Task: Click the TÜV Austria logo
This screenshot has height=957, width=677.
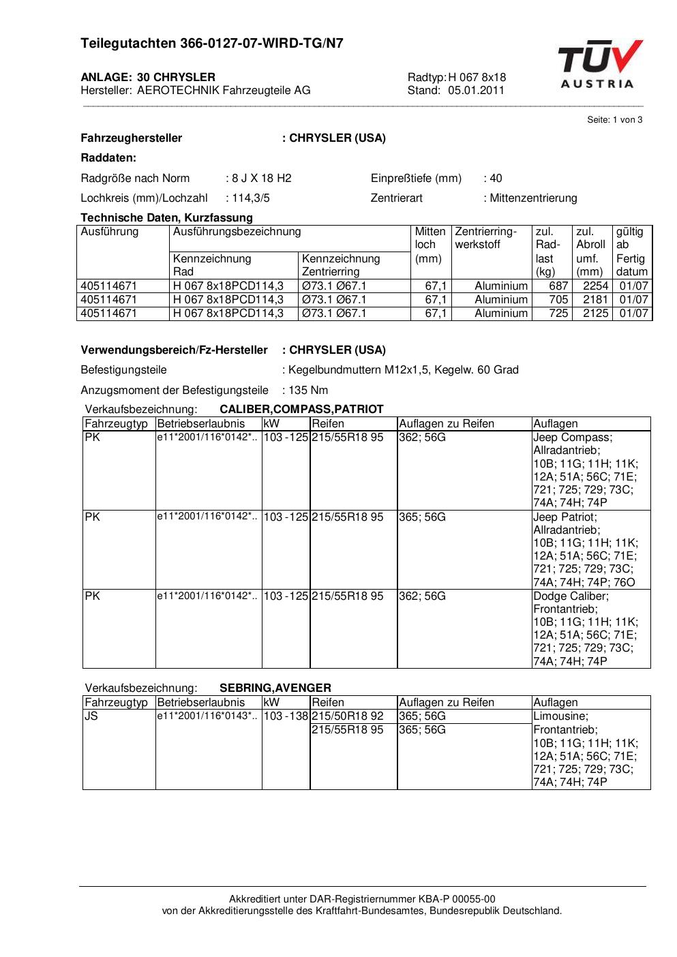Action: point(599,65)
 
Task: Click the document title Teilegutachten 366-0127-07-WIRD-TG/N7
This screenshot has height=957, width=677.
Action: point(212,44)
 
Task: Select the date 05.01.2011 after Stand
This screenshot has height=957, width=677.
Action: point(476,90)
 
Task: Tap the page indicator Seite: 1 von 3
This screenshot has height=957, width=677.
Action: point(614,120)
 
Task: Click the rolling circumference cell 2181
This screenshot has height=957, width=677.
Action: point(595,300)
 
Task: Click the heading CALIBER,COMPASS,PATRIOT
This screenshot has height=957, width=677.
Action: point(301,410)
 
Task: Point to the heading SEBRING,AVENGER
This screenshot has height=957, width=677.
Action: point(275,688)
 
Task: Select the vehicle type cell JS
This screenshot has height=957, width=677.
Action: point(91,716)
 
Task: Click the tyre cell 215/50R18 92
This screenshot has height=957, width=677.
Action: point(348,716)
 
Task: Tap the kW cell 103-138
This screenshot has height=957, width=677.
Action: point(286,716)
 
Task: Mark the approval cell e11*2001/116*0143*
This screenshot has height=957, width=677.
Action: point(207,716)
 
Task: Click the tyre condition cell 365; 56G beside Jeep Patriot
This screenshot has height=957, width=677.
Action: point(422,517)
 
